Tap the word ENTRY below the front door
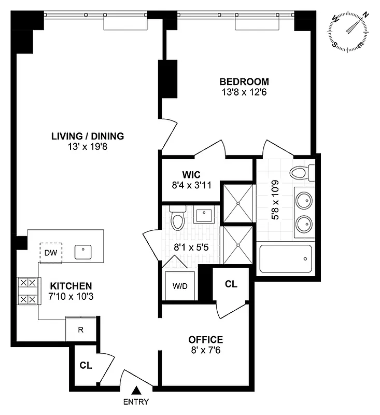click(x=136, y=402)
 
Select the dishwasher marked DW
click(x=51, y=253)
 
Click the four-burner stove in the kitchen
click(x=28, y=292)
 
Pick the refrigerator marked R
click(x=80, y=329)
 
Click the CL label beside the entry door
click(x=86, y=365)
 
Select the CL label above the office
click(x=231, y=284)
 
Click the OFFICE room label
click(x=205, y=340)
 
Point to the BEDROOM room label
click(x=244, y=81)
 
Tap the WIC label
click(x=191, y=174)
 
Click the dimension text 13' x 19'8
click(x=87, y=146)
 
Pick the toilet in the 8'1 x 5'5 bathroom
click(x=177, y=219)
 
